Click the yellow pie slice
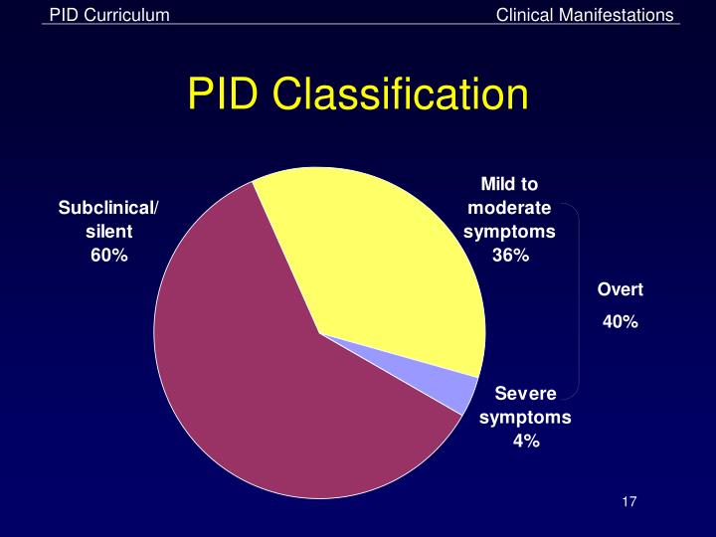388,268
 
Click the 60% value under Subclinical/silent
108,255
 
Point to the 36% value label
510,255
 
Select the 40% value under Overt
620,322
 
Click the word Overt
620,289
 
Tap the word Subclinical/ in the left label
108,208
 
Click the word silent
108,231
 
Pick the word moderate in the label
509,208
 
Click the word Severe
525,394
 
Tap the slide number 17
627,500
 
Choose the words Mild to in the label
509,184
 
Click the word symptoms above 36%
509,231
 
